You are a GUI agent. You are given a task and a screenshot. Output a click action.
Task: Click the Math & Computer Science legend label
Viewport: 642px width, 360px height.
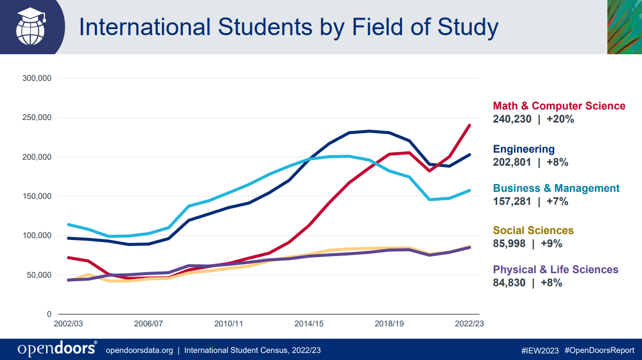(x=559, y=106)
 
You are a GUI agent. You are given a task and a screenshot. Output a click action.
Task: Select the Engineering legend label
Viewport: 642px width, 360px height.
(x=524, y=149)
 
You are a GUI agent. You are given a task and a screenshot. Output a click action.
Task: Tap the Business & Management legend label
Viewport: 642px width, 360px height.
(x=556, y=188)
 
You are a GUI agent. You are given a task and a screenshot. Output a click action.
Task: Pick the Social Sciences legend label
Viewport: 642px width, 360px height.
(x=533, y=230)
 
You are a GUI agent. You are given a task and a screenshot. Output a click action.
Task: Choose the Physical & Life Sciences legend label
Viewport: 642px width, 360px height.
(x=556, y=270)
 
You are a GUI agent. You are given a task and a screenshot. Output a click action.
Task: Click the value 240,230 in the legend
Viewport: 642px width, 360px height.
(x=512, y=119)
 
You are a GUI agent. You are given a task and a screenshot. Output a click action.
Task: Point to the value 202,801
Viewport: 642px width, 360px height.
(x=512, y=162)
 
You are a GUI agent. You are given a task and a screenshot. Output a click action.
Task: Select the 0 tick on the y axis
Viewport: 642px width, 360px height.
(x=49, y=314)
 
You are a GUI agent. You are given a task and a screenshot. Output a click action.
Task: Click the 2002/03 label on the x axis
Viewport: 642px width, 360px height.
(x=68, y=324)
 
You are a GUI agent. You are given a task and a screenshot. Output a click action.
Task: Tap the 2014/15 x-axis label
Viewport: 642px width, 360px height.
(x=309, y=324)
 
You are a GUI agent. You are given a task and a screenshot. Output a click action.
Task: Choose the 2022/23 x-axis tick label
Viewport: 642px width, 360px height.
(x=470, y=324)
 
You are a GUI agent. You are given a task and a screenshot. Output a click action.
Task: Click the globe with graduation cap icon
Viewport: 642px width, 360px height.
(x=31, y=26)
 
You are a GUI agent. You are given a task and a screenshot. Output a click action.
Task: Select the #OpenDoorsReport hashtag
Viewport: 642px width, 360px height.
(x=599, y=350)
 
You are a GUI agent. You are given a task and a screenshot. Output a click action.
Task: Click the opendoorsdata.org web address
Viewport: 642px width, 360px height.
(x=140, y=350)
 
